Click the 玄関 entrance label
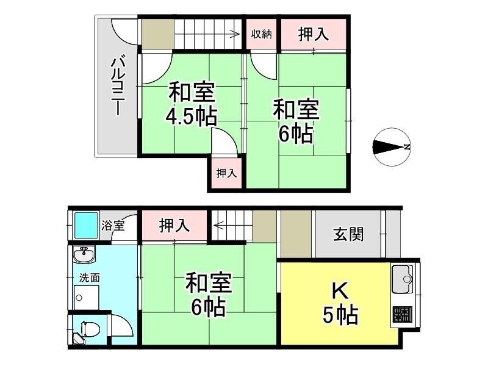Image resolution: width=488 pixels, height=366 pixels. [x=348, y=234]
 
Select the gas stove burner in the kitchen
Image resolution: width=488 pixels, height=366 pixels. [x=402, y=315]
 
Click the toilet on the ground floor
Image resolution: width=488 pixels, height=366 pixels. [x=90, y=328]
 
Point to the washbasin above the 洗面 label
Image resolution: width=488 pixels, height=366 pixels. [x=84, y=255]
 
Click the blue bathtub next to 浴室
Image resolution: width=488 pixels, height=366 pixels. [x=85, y=225]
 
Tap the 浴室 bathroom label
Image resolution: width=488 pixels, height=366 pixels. [x=113, y=226]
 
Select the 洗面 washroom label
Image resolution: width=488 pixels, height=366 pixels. [x=89, y=278]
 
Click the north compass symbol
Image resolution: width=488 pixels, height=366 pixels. [x=392, y=147]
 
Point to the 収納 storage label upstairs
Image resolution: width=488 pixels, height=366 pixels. [x=262, y=34]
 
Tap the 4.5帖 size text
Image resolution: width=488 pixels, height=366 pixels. [x=191, y=117]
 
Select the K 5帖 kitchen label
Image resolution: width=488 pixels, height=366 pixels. [x=340, y=303]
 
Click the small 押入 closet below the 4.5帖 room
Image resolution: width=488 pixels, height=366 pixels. [x=226, y=173]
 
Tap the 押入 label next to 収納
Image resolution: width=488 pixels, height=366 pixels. [x=314, y=34]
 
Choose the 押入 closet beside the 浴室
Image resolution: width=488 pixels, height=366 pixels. [x=174, y=225]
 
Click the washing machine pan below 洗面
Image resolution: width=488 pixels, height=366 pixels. [x=87, y=298]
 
